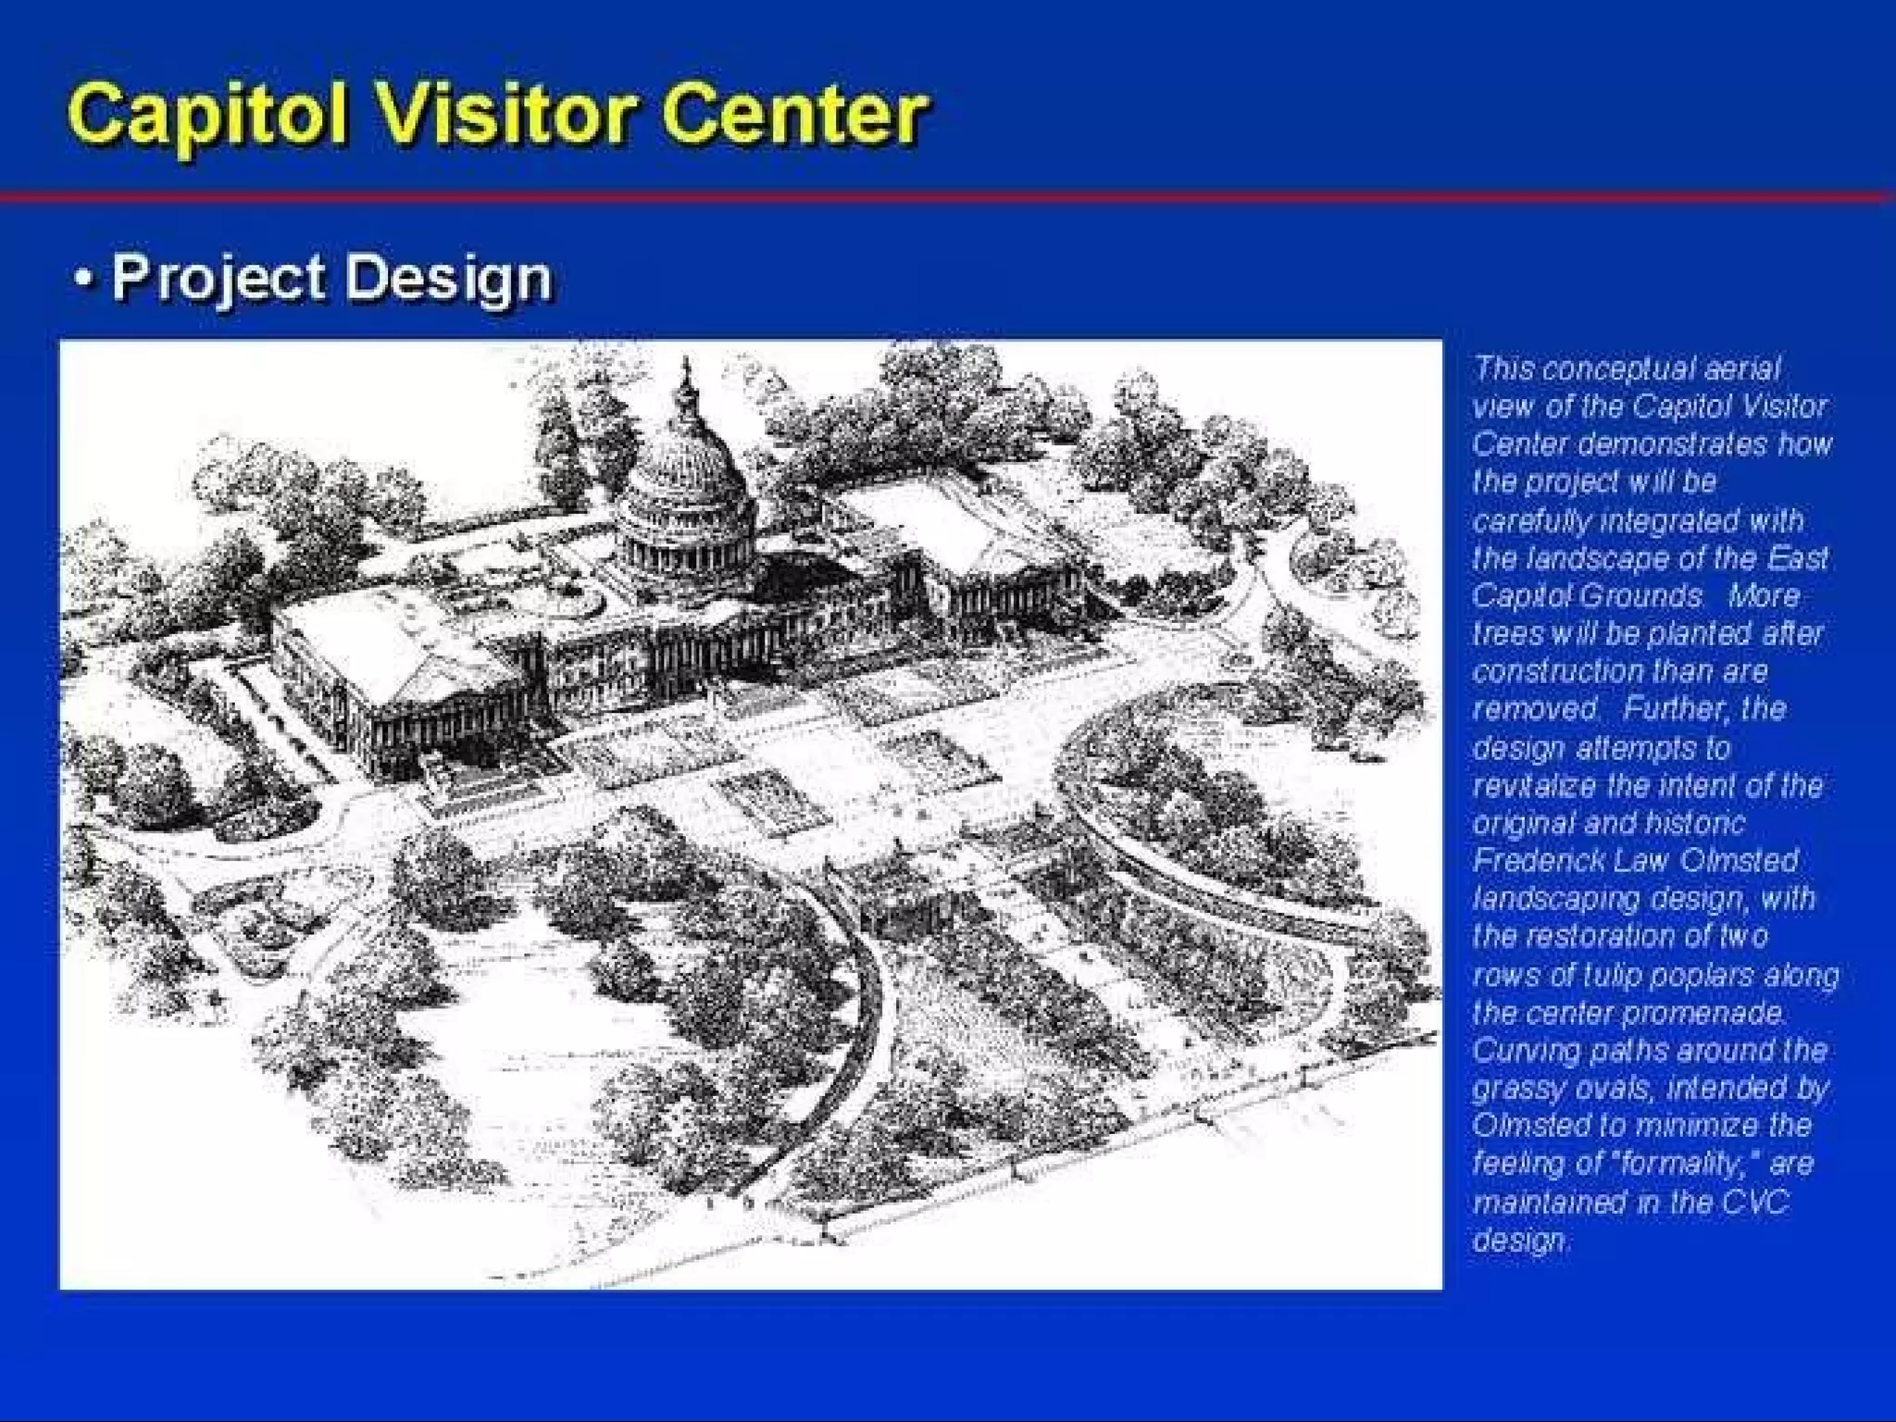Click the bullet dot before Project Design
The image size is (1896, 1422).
click(84, 277)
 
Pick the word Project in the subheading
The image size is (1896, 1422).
click(218, 279)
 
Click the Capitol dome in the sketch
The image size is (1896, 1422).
click(686, 481)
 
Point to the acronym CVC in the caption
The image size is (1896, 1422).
click(1755, 1202)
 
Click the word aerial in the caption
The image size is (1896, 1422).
click(1740, 368)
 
